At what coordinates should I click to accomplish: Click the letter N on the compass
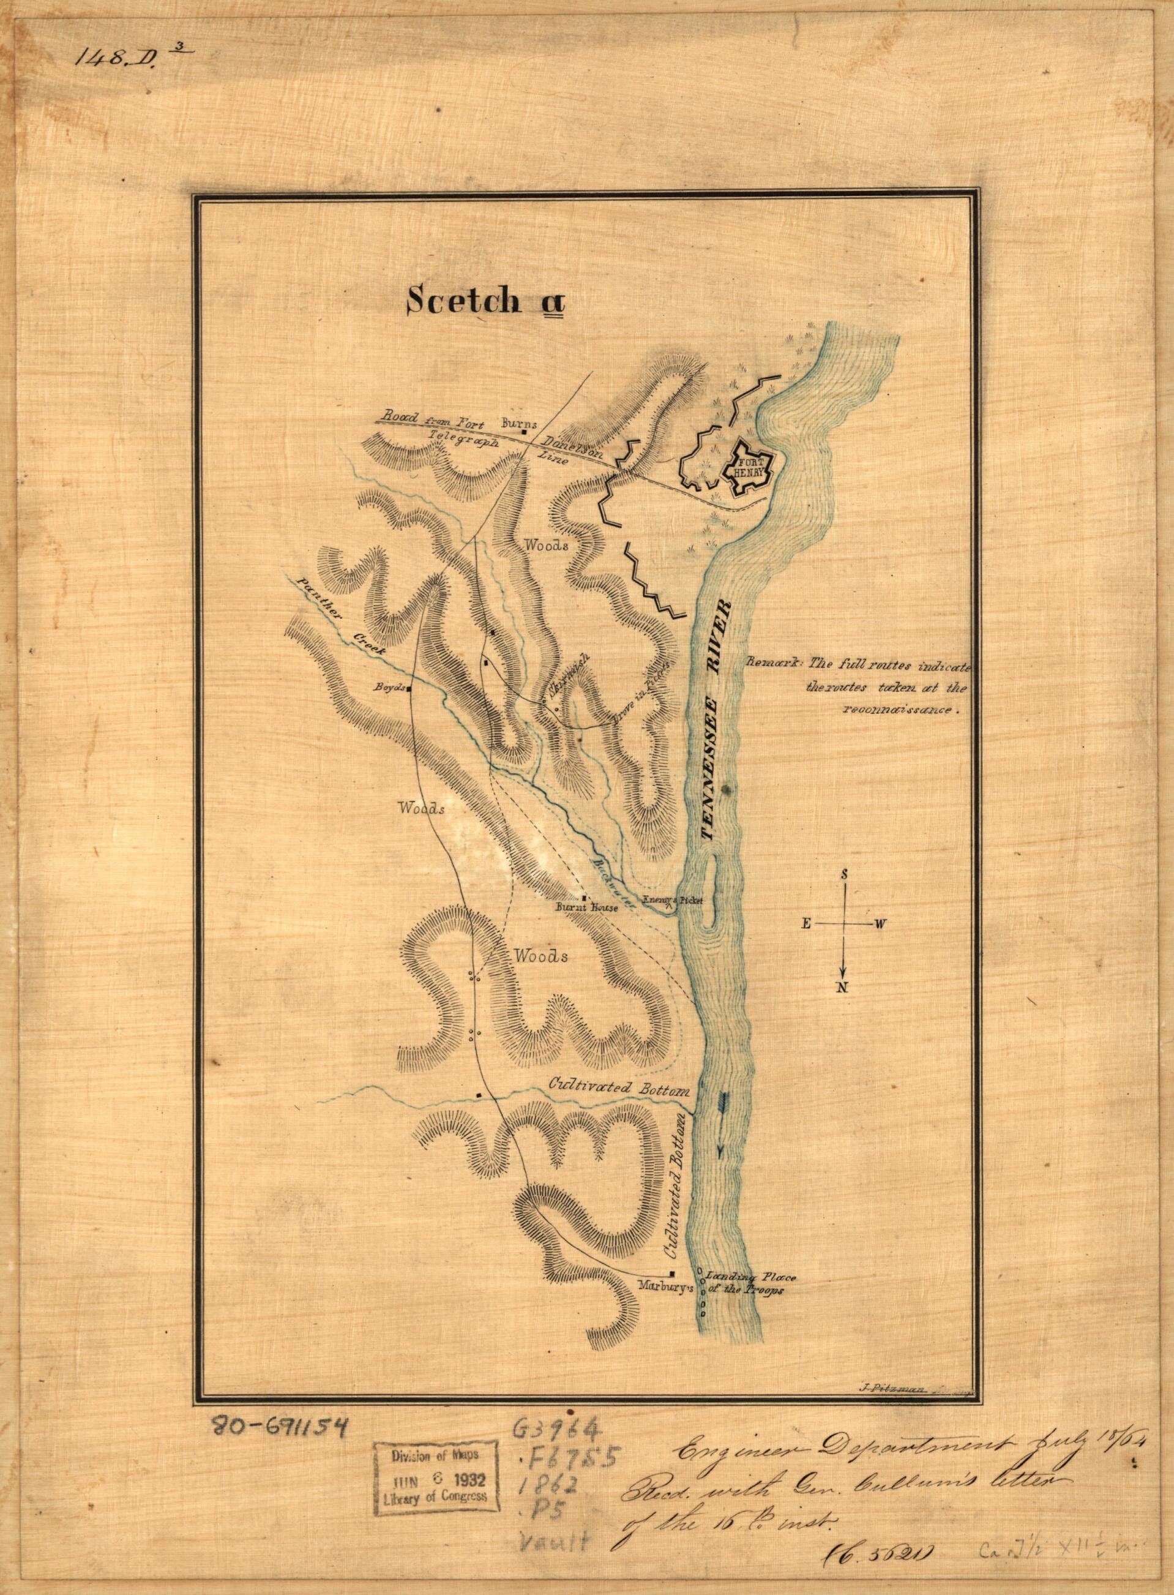pos(843,987)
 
